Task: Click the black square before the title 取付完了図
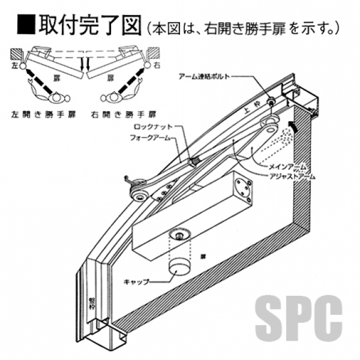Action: pos(26,25)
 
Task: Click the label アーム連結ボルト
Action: pos(202,77)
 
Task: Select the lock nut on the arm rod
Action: pos(194,161)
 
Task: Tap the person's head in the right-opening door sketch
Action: pos(112,97)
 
